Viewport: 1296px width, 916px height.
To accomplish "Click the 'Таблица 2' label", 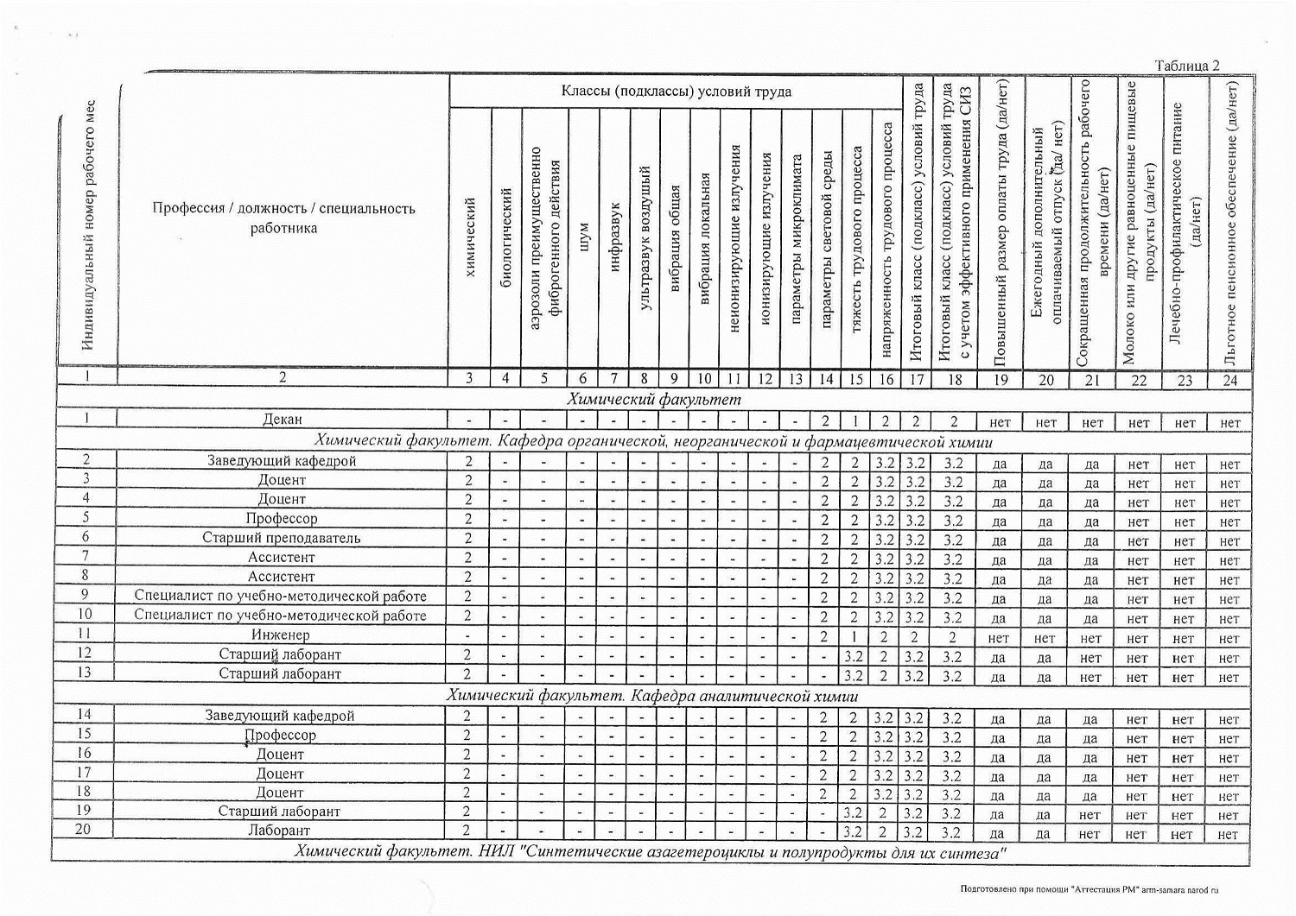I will point(1187,66).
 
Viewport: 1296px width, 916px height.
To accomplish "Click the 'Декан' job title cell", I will point(283,420).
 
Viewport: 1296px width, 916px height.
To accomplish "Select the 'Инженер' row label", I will point(283,635).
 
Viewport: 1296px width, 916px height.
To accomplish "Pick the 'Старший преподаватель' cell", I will point(282,538).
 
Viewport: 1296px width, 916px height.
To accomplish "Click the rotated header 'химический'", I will point(470,237).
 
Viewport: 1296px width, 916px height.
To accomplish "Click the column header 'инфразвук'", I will point(614,237).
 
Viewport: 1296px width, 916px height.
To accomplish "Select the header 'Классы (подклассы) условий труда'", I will point(676,92).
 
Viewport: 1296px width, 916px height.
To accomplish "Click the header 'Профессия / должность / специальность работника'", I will point(283,218).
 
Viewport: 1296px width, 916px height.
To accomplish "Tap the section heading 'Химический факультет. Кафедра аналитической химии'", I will point(652,695).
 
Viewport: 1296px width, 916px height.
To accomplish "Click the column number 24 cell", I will point(1230,380).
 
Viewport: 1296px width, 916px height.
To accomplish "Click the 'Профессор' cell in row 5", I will point(282,519).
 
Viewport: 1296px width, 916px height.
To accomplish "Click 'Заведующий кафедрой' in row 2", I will point(282,461).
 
